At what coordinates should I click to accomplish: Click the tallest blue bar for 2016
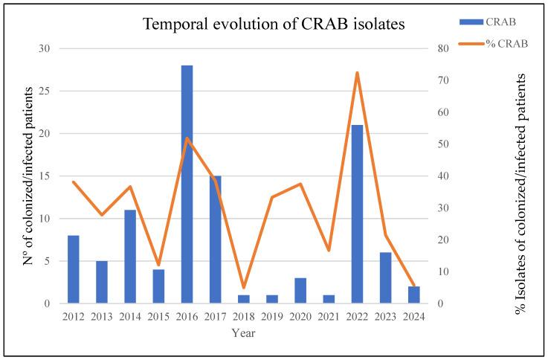187,184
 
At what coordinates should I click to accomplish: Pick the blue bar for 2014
130,257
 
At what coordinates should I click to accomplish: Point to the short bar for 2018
243,299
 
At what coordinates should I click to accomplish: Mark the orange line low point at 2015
158,265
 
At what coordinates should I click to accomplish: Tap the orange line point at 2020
300,184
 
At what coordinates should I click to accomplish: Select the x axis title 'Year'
244,334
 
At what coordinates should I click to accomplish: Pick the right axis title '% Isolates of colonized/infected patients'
521,193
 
